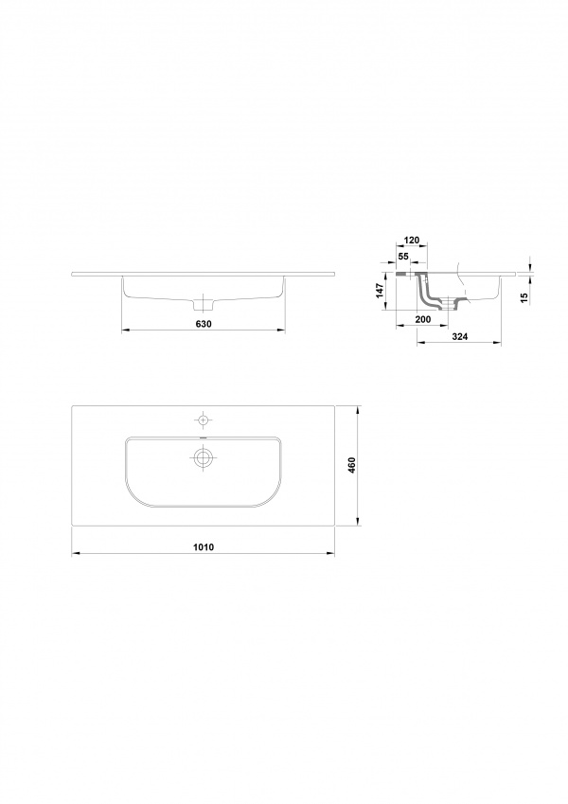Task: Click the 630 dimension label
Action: [x=203, y=324]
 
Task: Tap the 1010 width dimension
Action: [x=203, y=546]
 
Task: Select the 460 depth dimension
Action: [x=351, y=465]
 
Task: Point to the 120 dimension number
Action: [x=412, y=240]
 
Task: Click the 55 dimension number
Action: [x=403, y=256]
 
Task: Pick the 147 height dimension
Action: [x=380, y=292]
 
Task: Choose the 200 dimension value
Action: [x=423, y=319]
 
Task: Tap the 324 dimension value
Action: [x=459, y=336]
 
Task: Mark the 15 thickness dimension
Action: [x=524, y=298]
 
